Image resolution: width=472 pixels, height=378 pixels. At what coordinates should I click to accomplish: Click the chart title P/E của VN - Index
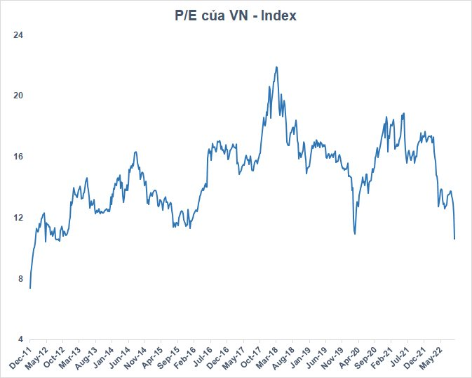pos(236,16)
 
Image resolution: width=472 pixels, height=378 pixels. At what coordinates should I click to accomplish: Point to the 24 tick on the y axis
pos(19,34)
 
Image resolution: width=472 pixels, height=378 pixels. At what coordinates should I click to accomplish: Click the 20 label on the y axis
pos(19,95)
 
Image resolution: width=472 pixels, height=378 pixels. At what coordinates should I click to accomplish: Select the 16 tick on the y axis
pos(19,156)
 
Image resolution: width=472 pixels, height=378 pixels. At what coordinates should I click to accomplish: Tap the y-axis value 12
pos(19,217)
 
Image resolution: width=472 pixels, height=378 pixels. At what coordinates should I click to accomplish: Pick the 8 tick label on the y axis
pos(21,278)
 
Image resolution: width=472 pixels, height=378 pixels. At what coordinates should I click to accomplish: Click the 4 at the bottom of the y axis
pos(21,339)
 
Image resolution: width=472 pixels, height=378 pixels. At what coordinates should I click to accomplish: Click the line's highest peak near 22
pos(276,67)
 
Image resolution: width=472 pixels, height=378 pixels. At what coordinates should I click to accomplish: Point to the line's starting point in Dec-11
pos(30,287)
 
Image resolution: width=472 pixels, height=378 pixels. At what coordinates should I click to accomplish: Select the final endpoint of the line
pos(454,239)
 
